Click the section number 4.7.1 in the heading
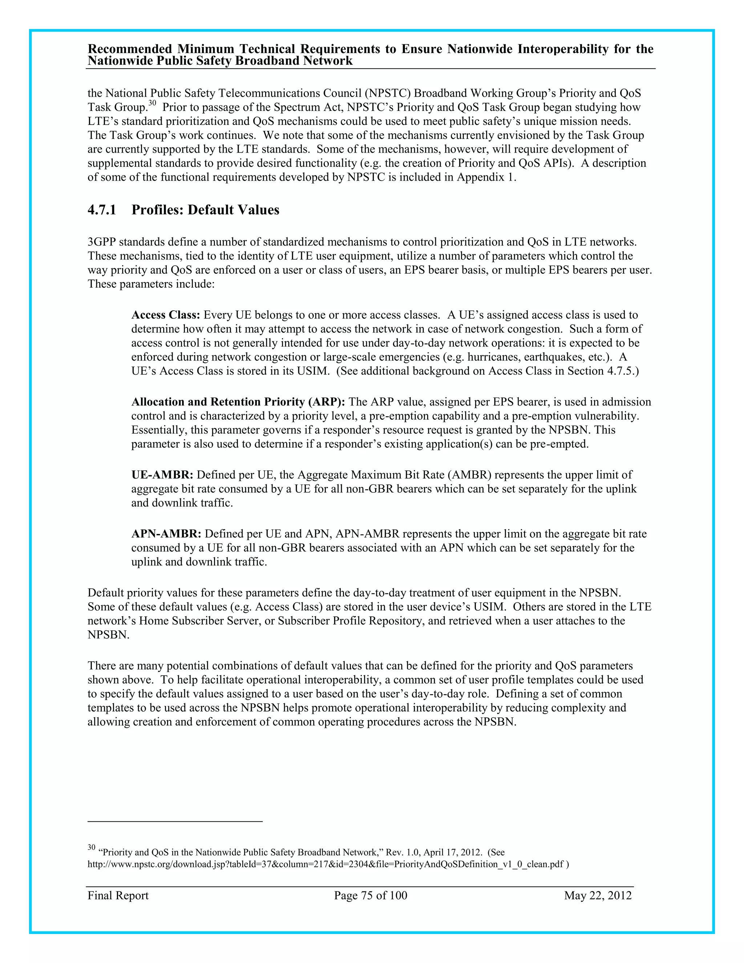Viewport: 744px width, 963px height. (x=102, y=210)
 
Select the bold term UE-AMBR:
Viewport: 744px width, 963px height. (x=162, y=475)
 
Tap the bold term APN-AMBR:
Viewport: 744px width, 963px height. (x=166, y=534)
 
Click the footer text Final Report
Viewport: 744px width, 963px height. (x=118, y=895)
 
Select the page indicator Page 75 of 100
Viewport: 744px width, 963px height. (x=370, y=895)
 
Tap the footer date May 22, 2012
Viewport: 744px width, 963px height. (x=598, y=895)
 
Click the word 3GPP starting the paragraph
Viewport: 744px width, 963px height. (x=101, y=242)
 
